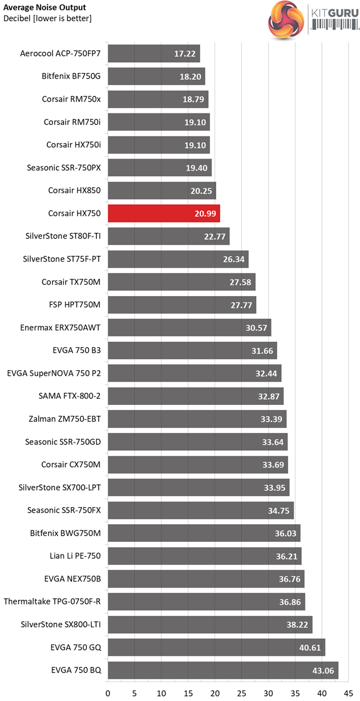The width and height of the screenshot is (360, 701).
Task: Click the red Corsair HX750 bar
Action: (164, 213)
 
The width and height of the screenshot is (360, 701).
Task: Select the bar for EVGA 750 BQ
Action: (223, 670)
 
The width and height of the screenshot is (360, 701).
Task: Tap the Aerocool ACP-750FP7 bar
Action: (153, 54)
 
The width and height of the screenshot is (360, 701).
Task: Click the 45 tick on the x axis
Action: (349, 690)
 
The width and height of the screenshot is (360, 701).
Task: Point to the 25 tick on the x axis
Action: (241, 690)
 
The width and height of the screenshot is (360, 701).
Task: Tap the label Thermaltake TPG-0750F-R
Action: (52, 601)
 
